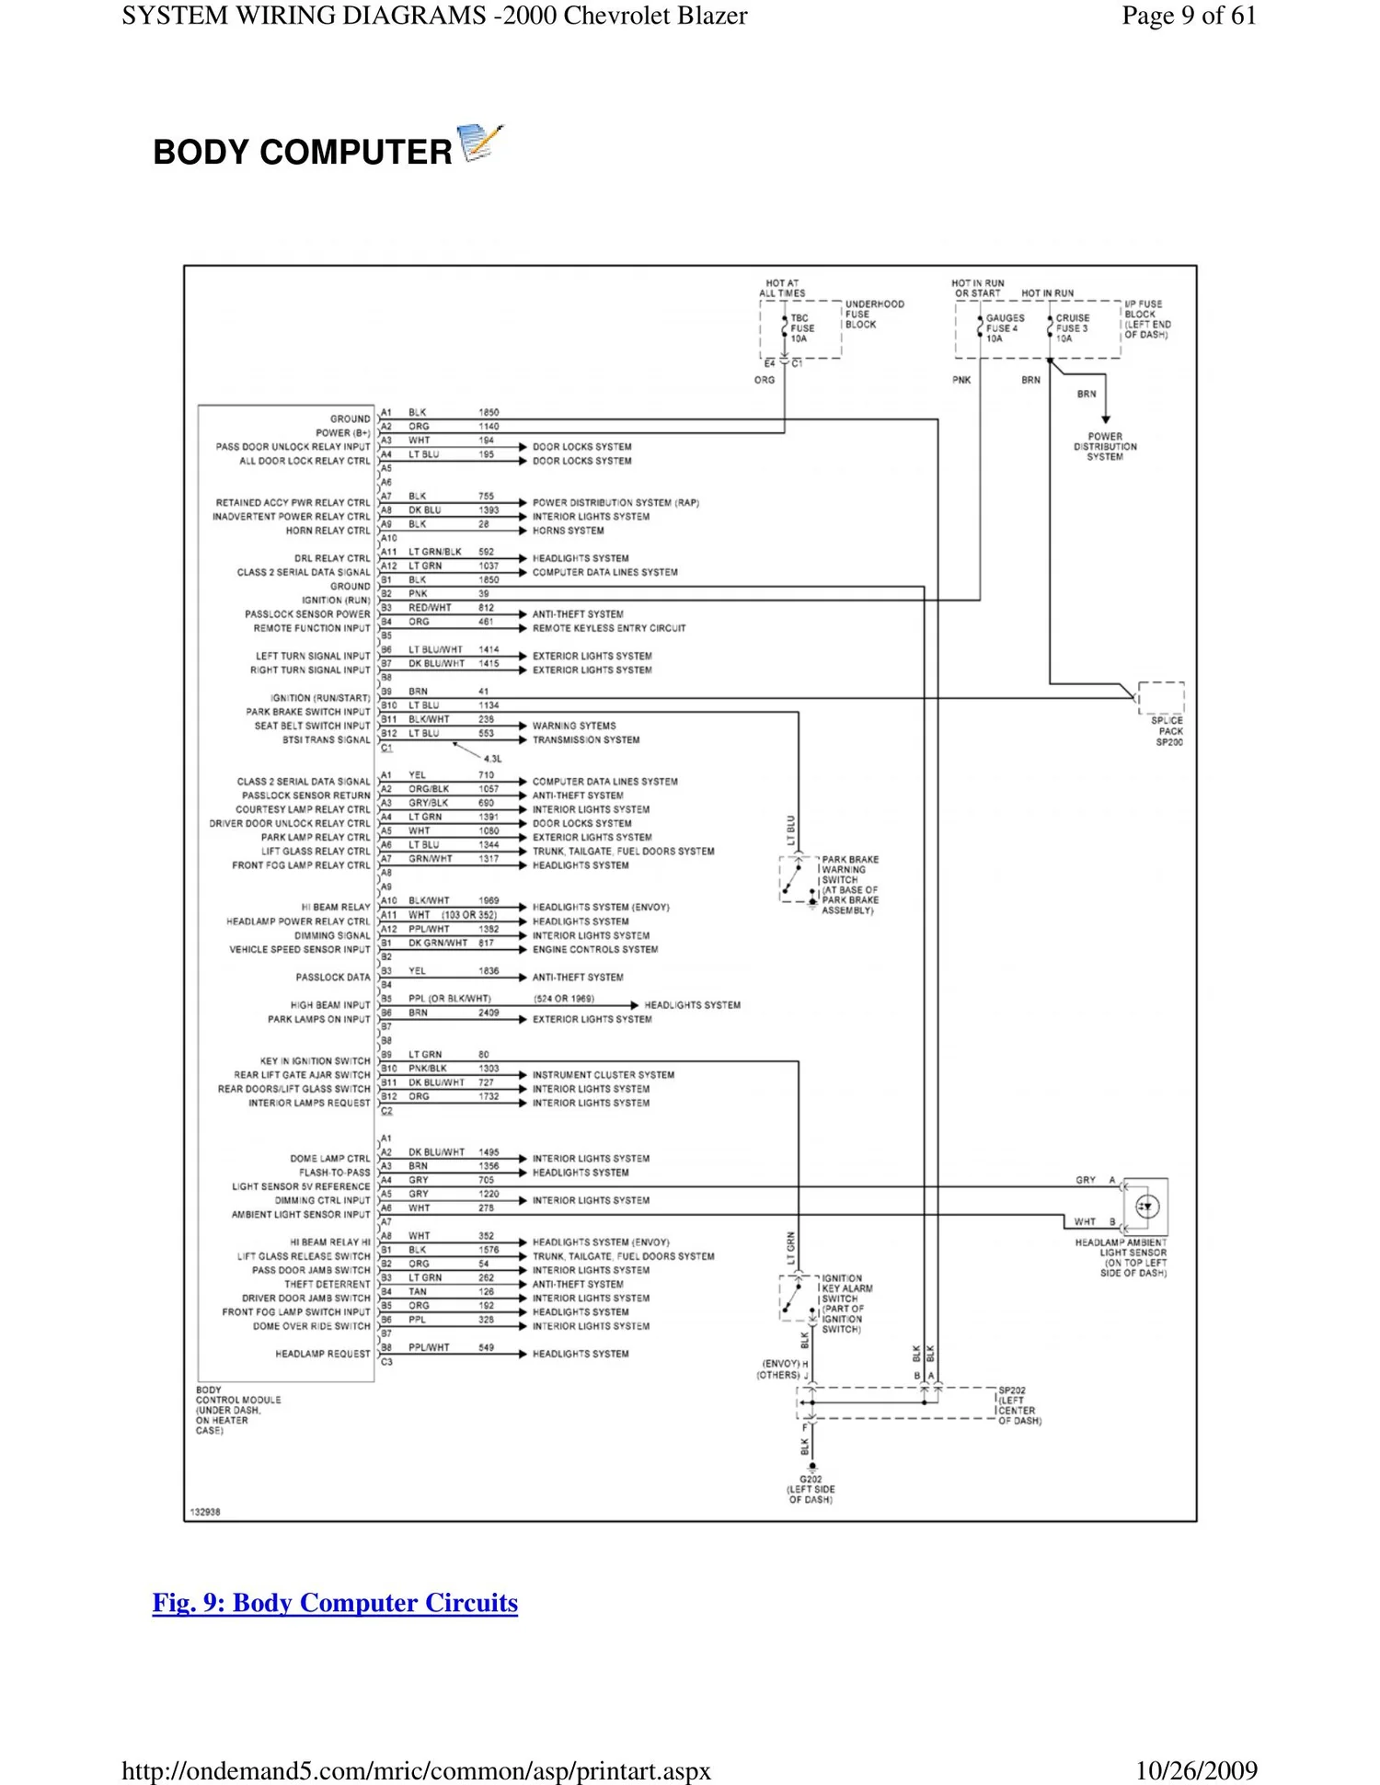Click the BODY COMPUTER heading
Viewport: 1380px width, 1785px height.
pyautogui.click(x=302, y=152)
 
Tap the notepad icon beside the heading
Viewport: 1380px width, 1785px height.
pyautogui.click(x=479, y=143)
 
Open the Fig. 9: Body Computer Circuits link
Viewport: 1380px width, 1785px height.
pyautogui.click(x=335, y=1603)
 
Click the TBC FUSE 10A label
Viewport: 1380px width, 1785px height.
pyautogui.click(x=801, y=328)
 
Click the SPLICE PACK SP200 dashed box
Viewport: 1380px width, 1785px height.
pyautogui.click(x=1161, y=698)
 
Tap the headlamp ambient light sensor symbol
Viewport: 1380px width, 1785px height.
pyautogui.click(x=1146, y=1207)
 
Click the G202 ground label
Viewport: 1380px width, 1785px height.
pyautogui.click(x=811, y=1489)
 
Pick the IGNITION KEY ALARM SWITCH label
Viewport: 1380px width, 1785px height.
pyautogui.click(x=845, y=1303)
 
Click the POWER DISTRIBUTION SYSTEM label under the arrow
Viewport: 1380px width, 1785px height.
pyautogui.click(x=1105, y=447)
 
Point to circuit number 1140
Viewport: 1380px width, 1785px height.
pyautogui.click(x=489, y=427)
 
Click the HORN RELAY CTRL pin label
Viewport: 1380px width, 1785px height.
pyautogui.click(x=328, y=531)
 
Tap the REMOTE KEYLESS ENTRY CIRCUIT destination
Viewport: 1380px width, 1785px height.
pyautogui.click(x=608, y=628)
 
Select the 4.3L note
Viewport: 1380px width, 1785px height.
pyautogui.click(x=493, y=759)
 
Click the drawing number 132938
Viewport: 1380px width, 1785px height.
pyautogui.click(x=205, y=1512)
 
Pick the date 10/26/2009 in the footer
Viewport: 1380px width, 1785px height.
pyautogui.click(x=1196, y=1770)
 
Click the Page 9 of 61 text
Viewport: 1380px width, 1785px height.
pyautogui.click(x=1189, y=16)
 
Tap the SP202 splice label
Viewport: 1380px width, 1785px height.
pyautogui.click(x=1013, y=1391)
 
